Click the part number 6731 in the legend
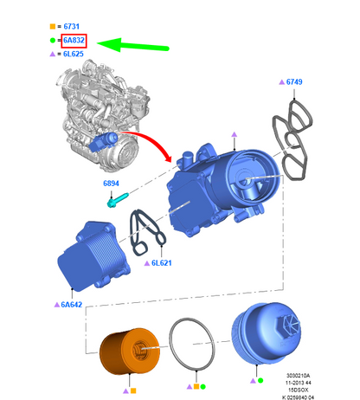tap(71, 27)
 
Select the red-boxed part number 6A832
tap(74, 41)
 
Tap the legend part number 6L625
tap(74, 54)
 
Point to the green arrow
tap(133, 45)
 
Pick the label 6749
tap(294, 82)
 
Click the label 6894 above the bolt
tap(111, 184)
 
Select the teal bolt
tap(118, 200)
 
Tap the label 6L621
tap(162, 263)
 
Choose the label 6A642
tap(72, 305)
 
